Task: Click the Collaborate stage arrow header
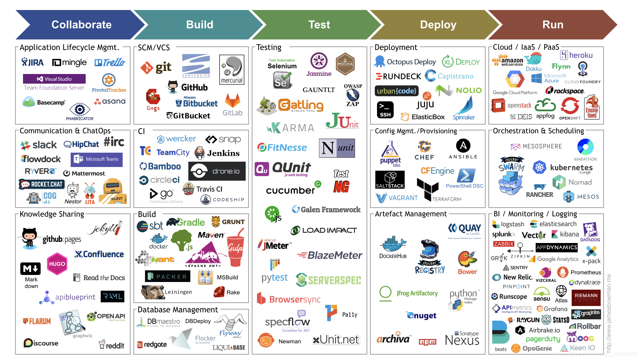[x=81, y=25]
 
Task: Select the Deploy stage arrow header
[x=438, y=25]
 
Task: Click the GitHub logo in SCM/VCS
[x=188, y=87]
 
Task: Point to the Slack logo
[x=39, y=145]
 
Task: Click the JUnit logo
[x=342, y=121]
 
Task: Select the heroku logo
[x=576, y=55]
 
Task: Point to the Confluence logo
[x=99, y=254]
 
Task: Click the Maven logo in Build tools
[x=211, y=235]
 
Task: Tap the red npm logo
[x=428, y=342]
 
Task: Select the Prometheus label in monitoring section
[x=586, y=272]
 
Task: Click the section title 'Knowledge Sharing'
[x=52, y=214]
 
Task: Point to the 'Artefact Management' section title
[x=411, y=214]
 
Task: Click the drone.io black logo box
[x=217, y=171]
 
